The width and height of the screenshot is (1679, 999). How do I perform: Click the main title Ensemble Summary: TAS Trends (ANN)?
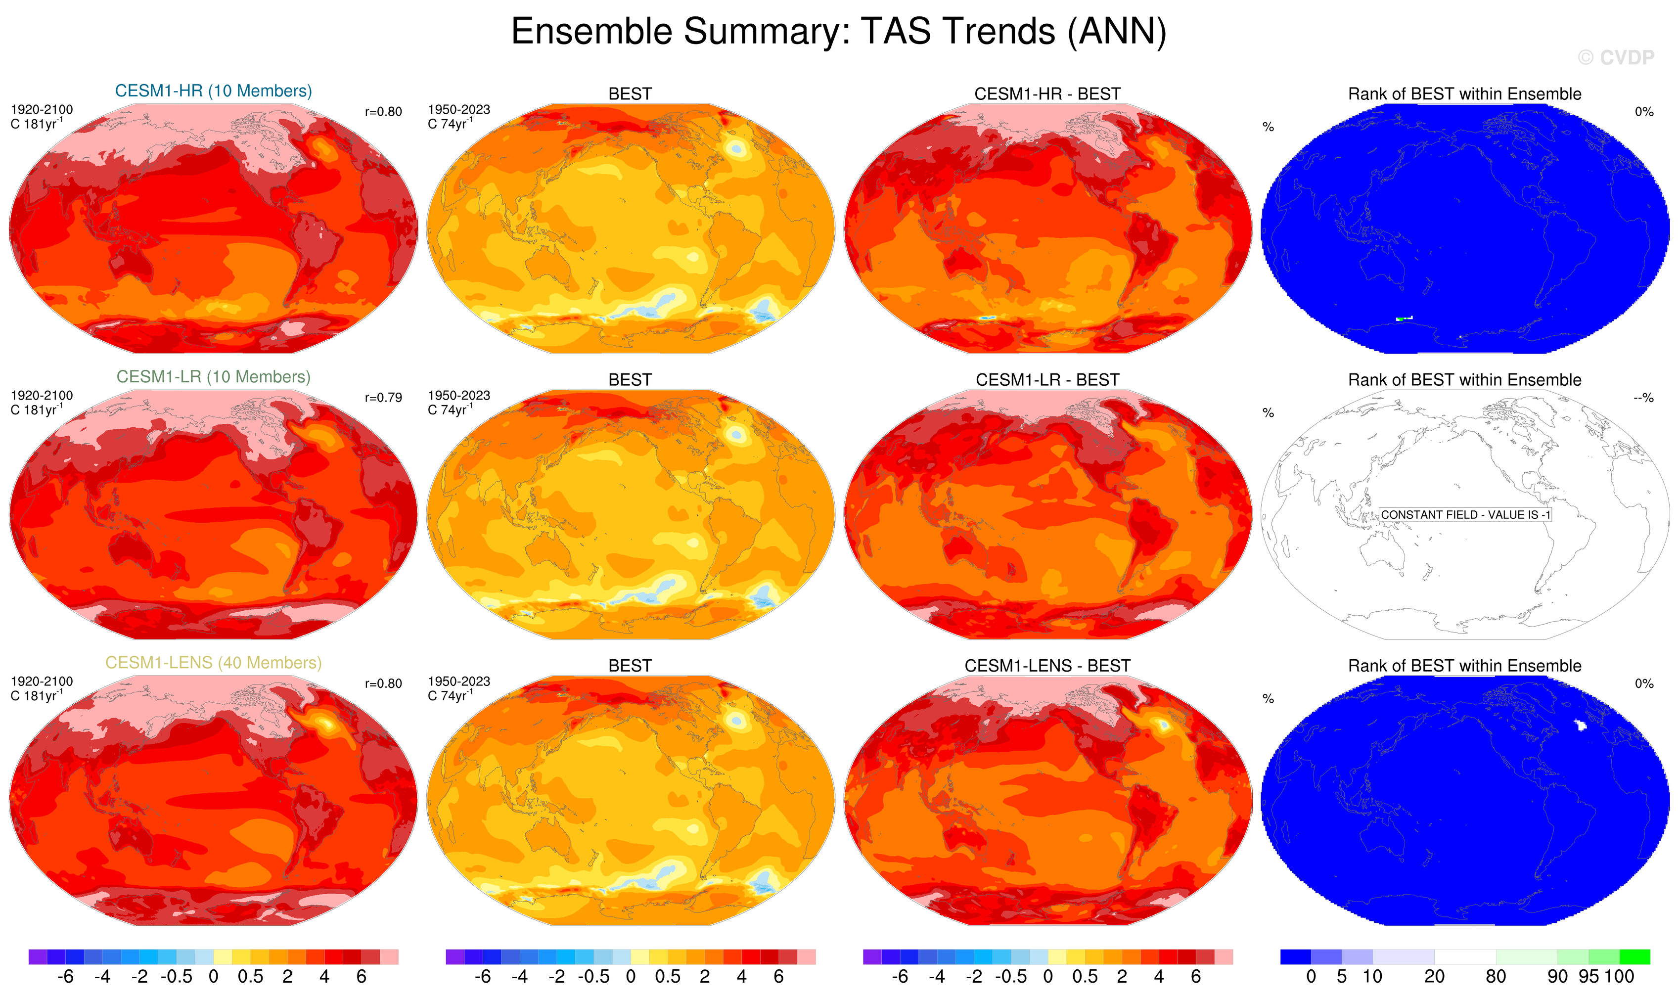point(838,31)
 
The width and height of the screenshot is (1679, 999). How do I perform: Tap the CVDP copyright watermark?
point(1615,58)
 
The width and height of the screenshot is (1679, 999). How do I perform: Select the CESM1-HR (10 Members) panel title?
point(214,91)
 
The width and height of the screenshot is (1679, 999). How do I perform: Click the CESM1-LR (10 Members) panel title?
point(214,377)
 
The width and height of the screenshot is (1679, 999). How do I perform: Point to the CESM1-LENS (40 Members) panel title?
point(214,663)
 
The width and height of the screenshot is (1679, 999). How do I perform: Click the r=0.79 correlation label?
point(383,398)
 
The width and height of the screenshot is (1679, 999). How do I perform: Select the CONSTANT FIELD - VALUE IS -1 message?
point(1465,515)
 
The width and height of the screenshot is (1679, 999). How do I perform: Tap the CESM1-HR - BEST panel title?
point(1047,93)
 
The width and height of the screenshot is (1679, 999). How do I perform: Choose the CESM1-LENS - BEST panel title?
point(1047,666)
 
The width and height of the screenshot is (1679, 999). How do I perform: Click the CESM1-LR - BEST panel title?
point(1047,380)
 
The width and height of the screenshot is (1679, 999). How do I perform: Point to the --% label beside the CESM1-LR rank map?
point(1643,398)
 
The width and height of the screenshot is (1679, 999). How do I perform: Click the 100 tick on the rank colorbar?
point(1619,977)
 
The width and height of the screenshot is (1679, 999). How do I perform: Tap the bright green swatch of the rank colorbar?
point(1634,956)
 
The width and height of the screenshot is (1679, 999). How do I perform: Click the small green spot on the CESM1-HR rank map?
point(1399,318)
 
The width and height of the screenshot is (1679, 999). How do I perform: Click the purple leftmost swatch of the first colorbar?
point(38,956)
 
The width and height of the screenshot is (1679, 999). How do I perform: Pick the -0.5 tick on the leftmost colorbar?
point(177,977)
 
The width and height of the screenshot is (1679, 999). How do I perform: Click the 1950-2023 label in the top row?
point(458,110)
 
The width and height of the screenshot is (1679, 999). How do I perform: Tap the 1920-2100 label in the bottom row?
point(42,682)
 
